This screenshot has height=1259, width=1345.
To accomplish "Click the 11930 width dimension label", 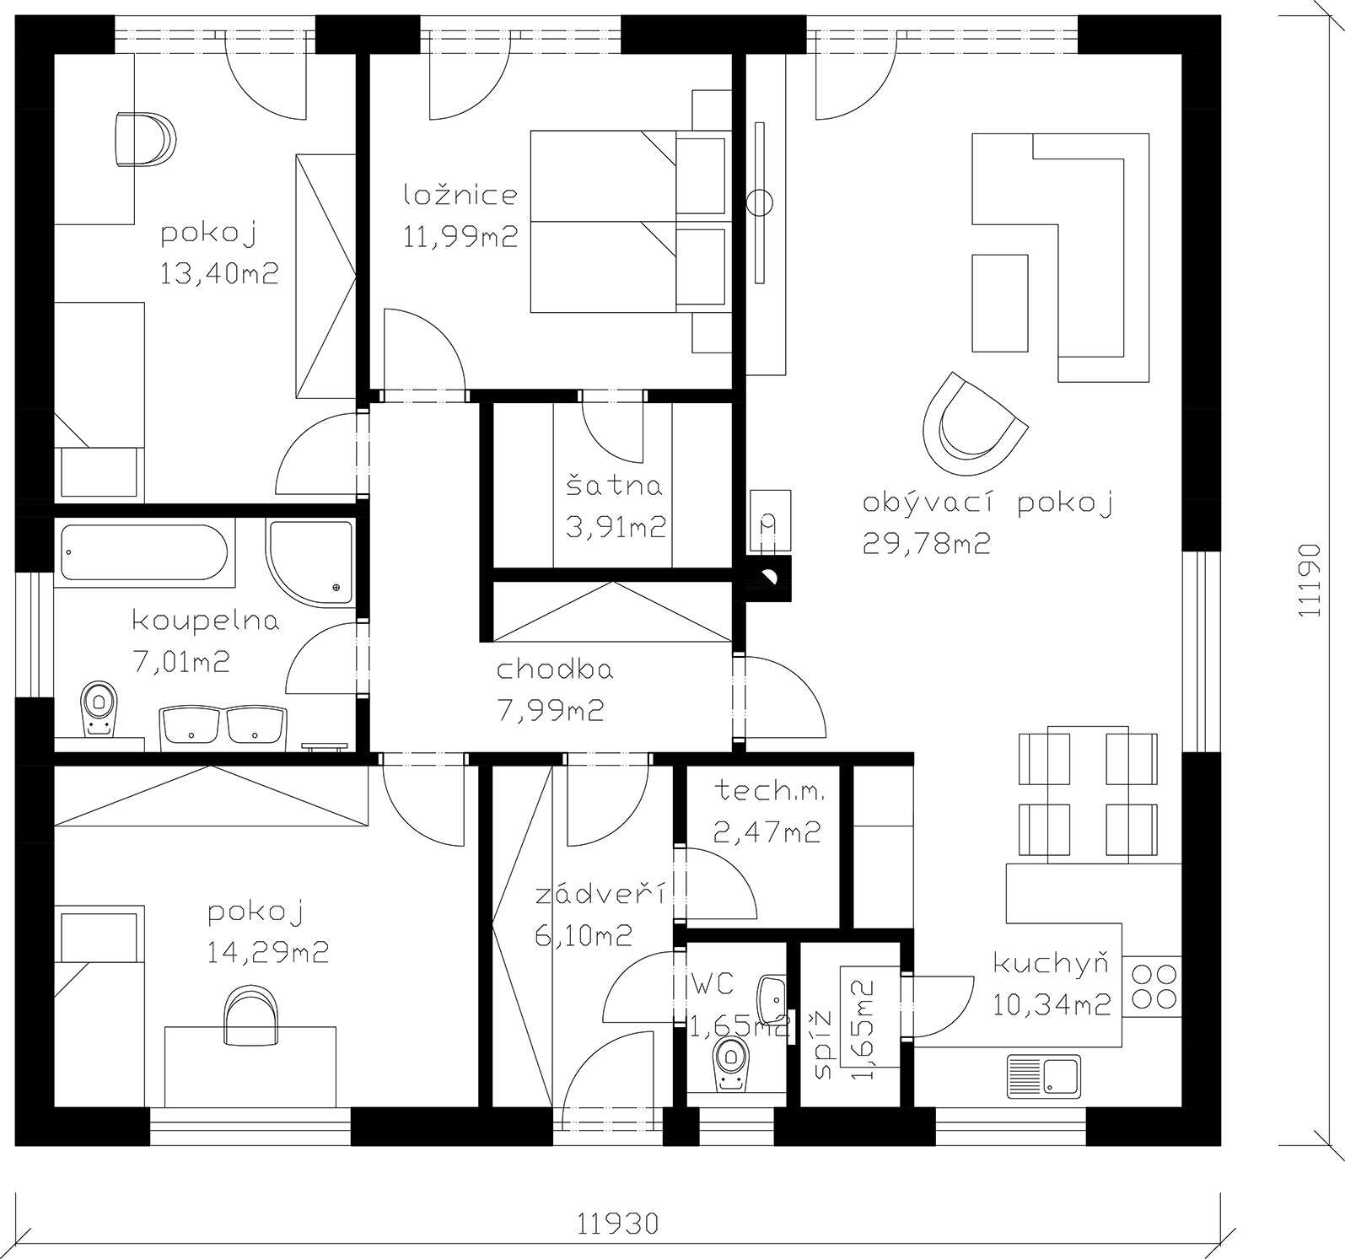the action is click(x=618, y=1223).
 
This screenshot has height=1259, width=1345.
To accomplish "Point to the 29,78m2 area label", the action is click(x=926, y=544).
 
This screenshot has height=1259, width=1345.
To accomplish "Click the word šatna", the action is click(x=614, y=486).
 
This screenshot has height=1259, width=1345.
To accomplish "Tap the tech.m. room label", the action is click(x=769, y=792).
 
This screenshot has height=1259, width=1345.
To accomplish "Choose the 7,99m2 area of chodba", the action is click(x=551, y=711).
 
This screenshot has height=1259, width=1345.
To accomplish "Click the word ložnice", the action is click(x=460, y=195).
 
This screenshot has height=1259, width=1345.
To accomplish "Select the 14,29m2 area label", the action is click(x=267, y=953).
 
